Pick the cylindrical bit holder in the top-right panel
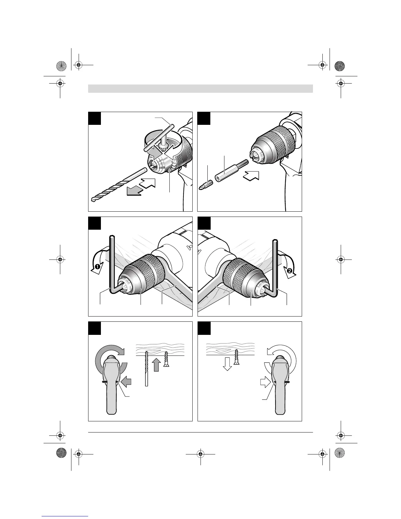224,174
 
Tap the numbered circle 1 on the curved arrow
97,267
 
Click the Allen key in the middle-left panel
112,262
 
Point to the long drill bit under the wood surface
146,369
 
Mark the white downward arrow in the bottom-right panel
227,363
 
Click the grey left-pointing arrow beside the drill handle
126,381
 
